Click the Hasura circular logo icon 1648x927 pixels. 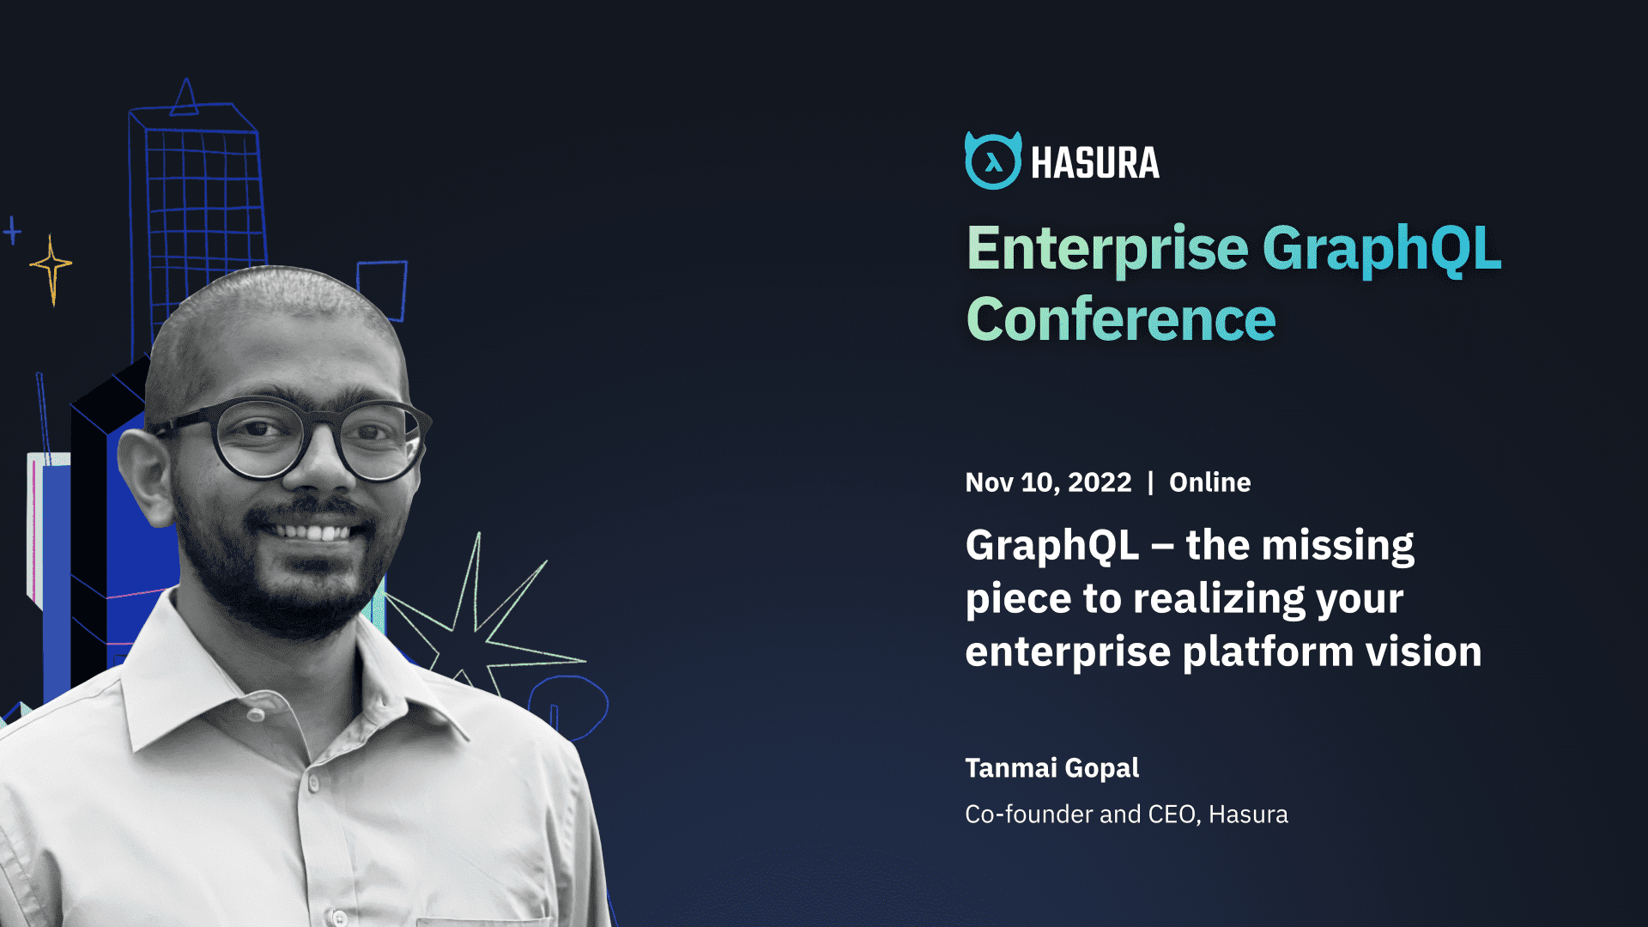[993, 161]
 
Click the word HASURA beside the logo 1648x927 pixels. [1094, 163]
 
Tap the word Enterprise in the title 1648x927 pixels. [1107, 249]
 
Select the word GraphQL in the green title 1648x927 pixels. [1382, 249]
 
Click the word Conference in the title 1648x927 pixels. [1121, 320]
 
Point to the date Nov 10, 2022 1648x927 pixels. [1048, 482]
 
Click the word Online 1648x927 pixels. [1209, 482]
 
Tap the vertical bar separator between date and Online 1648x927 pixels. [1150, 482]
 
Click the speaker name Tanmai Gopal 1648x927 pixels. [1051, 767]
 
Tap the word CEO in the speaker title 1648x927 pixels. [1172, 814]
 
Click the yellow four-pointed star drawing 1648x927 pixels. [51, 267]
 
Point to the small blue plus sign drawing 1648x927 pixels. [12, 230]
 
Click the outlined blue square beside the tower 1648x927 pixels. [383, 288]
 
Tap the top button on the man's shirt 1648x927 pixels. [256, 714]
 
